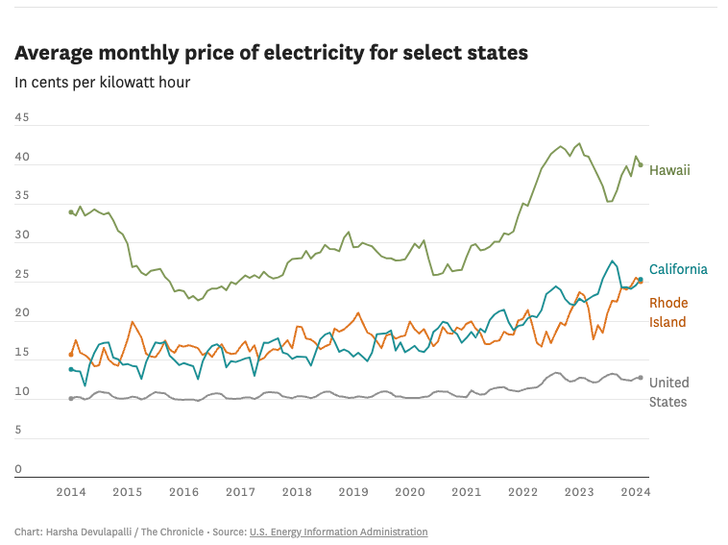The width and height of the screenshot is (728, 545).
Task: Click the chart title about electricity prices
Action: [x=271, y=53]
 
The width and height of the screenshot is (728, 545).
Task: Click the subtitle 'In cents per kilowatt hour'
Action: [x=102, y=82]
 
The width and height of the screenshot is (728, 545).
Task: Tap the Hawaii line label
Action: [x=669, y=170]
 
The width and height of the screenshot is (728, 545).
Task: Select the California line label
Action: [x=678, y=269]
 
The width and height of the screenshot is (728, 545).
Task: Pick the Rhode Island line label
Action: [x=668, y=312]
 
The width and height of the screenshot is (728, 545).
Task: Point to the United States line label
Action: [x=668, y=392]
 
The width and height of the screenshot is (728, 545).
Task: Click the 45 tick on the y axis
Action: [x=21, y=118]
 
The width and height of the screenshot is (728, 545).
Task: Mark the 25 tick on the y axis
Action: [x=21, y=275]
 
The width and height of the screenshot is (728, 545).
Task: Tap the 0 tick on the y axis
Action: [x=17, y=469]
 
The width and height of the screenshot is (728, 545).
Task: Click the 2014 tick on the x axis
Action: [x=71, y=492]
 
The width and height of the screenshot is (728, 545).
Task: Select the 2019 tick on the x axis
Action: [x=353, y=492]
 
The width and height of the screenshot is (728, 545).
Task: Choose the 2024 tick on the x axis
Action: [x=635, y=492]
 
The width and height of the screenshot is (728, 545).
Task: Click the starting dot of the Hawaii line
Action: [x=71, y=211]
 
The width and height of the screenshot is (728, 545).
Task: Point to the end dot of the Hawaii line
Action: [x=641, y=164]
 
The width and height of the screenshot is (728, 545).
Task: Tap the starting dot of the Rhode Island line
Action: [x=71, y=355]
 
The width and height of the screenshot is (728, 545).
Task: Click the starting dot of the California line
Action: [x=71, y=369]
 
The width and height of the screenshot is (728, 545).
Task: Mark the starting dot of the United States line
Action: [x=71, y=398]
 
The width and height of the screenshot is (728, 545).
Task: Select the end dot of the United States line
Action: [x=641, y=378]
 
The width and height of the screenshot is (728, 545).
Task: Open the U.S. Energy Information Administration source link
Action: [x=338, y=532]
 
